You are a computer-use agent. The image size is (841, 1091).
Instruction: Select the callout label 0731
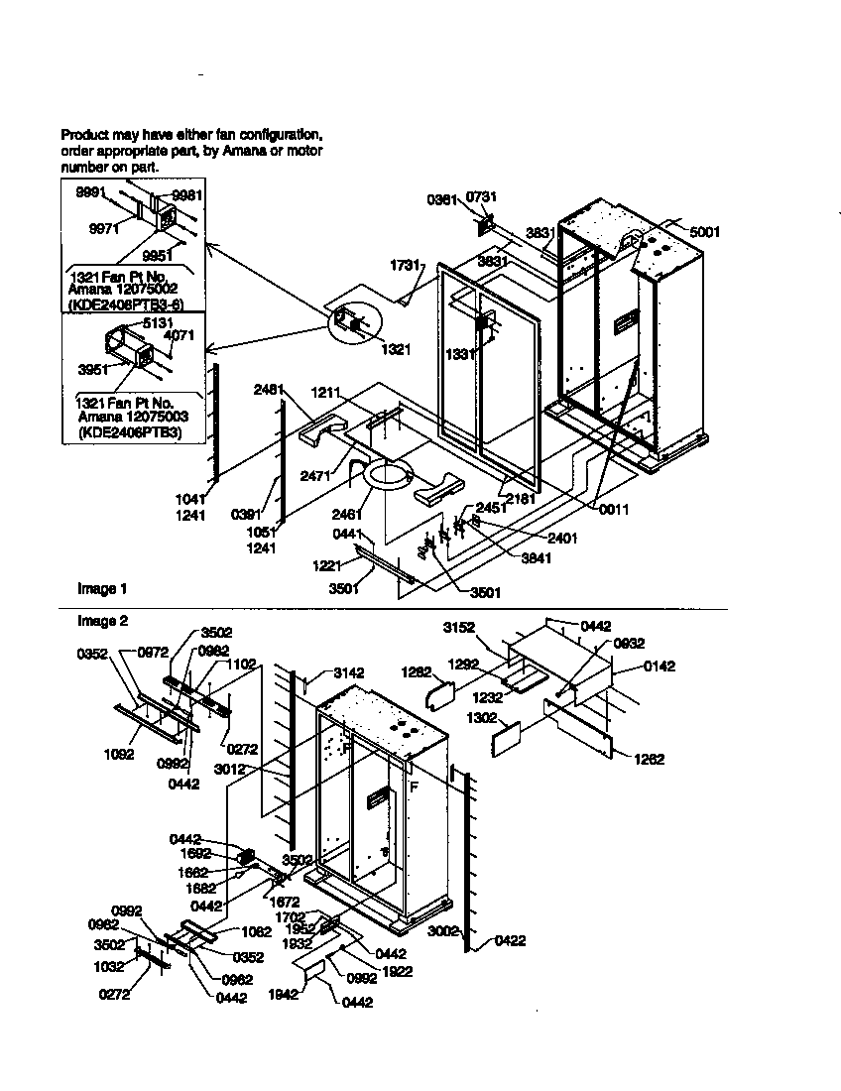(x=481, y=198)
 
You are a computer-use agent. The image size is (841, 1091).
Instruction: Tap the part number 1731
(x=405, y=266)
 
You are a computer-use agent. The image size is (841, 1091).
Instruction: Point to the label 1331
(x=458, y=353)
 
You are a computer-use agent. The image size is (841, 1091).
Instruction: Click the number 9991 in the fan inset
(x=91, y=193)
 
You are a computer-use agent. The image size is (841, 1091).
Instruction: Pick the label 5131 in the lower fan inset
(x=158, y=323)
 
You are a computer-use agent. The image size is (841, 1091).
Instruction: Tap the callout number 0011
(x=614, y=510)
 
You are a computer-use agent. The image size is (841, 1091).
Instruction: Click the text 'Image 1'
(x=102, y=589)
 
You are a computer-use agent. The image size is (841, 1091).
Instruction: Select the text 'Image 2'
(x=102, y=621)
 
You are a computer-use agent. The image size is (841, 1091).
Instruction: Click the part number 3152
(x=458, y=627)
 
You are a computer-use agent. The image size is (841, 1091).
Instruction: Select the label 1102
(x=242, y=664)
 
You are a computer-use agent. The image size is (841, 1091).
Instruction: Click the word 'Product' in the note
(x=84, y=134)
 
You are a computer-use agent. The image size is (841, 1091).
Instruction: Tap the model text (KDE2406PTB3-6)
(x=129, y=304)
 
